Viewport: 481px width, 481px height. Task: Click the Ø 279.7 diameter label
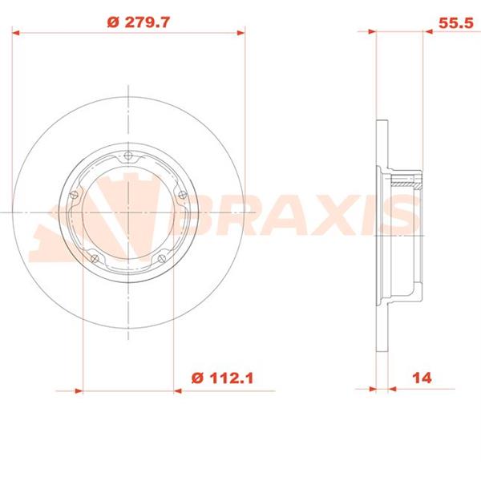[x=139, y=22]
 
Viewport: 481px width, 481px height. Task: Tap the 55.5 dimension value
[x=456, y=23]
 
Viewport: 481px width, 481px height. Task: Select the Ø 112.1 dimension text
[x=222, y=378]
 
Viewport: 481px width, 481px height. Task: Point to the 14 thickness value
[x=422, y=378]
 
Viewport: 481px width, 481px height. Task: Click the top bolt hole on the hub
[x=128, y=156]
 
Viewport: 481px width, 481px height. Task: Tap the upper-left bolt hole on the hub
[x=74, y=195]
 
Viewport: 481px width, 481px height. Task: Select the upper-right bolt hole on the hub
[x=183, y=195]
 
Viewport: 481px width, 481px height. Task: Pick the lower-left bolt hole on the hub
[x=95, y=259]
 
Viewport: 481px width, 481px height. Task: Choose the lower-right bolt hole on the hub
[x=162, y=259]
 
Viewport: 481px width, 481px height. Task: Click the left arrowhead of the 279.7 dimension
[x=16, y=33]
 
